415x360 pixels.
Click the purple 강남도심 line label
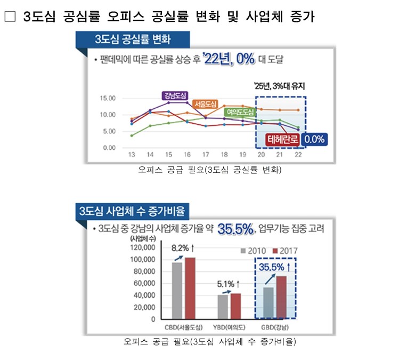(175, 95)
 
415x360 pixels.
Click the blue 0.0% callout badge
(314, 140)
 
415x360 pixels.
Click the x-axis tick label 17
(206, 154)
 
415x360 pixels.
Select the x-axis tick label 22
(298, 154)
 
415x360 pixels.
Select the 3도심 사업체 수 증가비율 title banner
(131, 211)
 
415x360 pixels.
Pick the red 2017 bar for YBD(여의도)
(236, 306)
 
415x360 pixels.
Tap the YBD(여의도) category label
(231, 326)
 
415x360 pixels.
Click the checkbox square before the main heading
(10, 17)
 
